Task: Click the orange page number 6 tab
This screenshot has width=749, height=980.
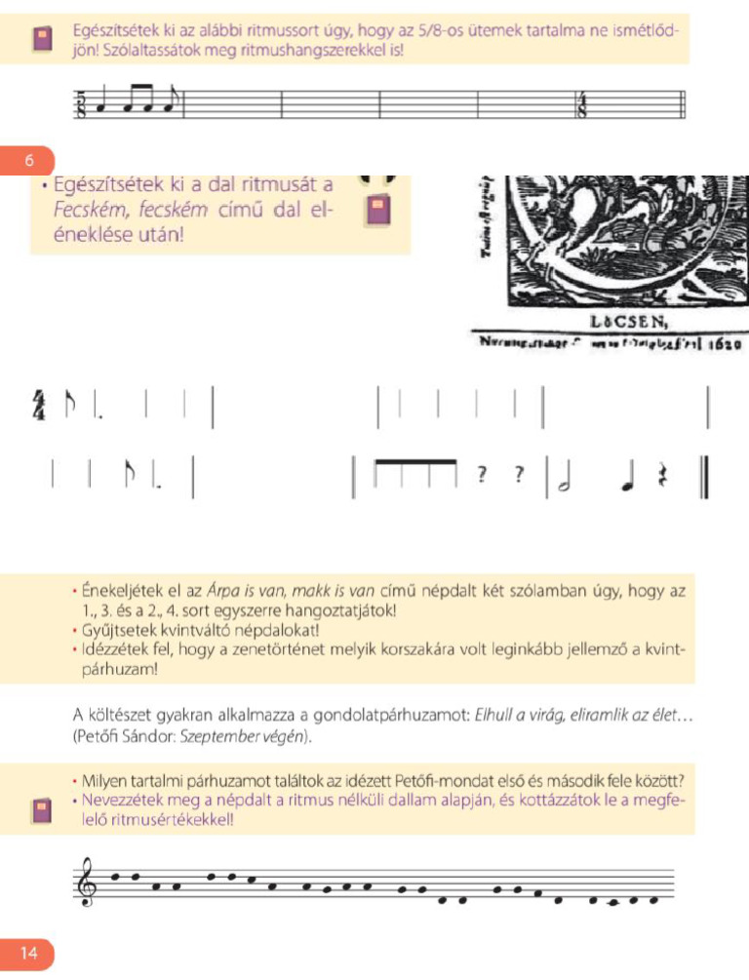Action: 29,160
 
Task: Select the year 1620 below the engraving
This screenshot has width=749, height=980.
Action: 725,344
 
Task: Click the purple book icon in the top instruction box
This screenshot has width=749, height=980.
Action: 42,39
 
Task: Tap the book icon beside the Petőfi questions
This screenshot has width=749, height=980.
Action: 42,809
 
